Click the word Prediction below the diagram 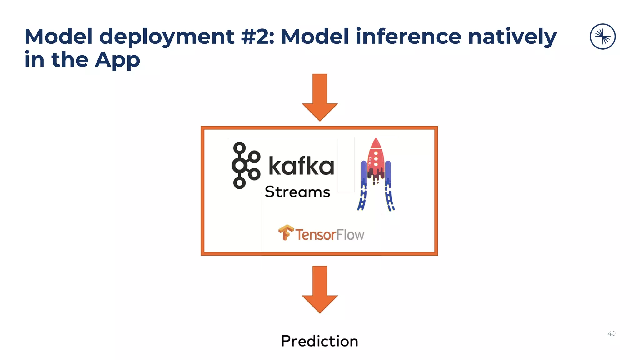[319, 341]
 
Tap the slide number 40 [611, 333]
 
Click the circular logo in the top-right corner [602, 37]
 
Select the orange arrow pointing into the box [320, 97]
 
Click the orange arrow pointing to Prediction [320, 289]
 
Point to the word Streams [297, 192]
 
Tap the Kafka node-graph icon [246, 165]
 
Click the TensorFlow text [330, 235]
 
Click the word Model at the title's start [58, 36]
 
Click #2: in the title [257, 37]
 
